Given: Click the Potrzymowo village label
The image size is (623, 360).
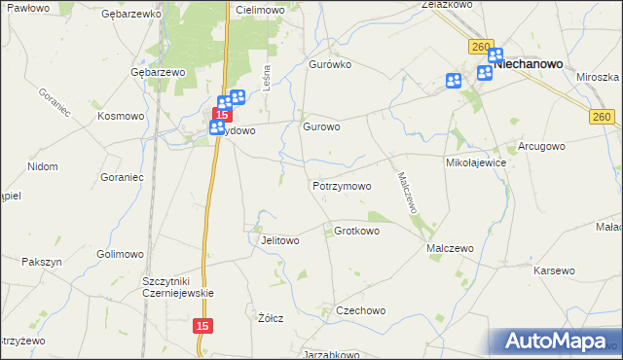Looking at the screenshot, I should coord(342,186).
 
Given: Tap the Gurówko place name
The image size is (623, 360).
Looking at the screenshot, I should coord(329,64).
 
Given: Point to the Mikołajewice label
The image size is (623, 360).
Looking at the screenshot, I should coord(476,162).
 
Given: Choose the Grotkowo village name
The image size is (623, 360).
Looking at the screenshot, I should coord(356,232).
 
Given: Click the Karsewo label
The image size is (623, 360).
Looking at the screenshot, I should coord(555,270).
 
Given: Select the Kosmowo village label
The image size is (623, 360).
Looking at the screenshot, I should coord(121,116).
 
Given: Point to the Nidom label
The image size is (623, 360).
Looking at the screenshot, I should coord(43,167).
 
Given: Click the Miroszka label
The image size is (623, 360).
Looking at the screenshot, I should coord(598,77).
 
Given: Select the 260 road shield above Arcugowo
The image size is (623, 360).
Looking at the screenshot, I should coord(601,117).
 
